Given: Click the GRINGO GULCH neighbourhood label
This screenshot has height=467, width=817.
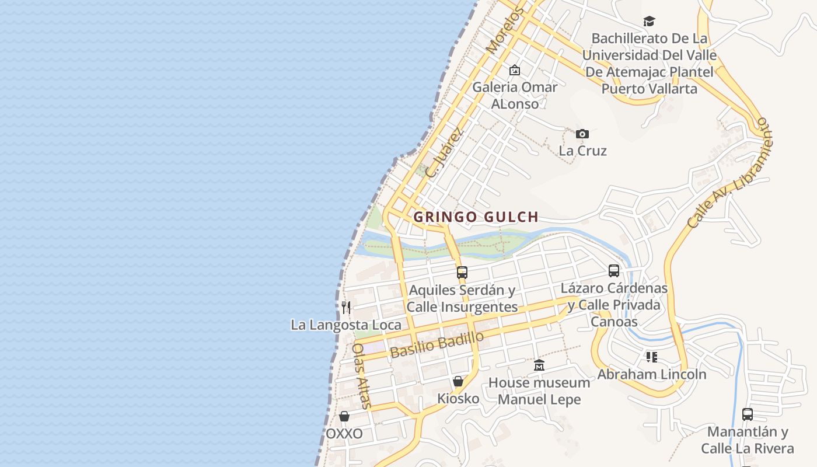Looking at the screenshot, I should (x=476, y=217).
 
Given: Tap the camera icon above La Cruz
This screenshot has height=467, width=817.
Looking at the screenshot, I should (x=582, y=134).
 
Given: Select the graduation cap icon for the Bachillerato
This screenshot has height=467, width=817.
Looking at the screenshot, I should (x=649, y=22).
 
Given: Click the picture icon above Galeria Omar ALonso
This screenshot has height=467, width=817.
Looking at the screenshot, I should (x=514, y=70).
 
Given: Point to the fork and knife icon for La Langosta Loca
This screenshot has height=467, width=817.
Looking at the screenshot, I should (x=346, y=307).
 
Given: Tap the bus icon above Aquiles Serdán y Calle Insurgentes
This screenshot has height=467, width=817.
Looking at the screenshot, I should (x=462, y=272).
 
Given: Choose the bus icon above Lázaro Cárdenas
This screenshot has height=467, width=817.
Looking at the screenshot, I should (x=613, y=270).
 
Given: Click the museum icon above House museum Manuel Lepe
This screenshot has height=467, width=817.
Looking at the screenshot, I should (x=539, y=365).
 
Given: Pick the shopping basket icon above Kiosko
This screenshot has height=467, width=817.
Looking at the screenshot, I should (x=458, y=381).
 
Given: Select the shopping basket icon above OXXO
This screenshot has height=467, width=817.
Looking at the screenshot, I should (x=344, y=416).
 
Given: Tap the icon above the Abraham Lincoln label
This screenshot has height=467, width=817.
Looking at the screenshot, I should (x=651, y=357).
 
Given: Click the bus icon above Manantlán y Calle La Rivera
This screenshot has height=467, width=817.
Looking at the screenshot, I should (x=747, y=414).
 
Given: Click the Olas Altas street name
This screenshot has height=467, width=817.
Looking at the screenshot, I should (x=361, y=375).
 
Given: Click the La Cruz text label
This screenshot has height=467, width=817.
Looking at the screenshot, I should (x=582, y=151).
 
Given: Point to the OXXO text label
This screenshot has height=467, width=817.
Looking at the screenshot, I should (x=344, y=434).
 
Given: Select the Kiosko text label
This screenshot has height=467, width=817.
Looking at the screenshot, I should (x=458, y=399).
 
